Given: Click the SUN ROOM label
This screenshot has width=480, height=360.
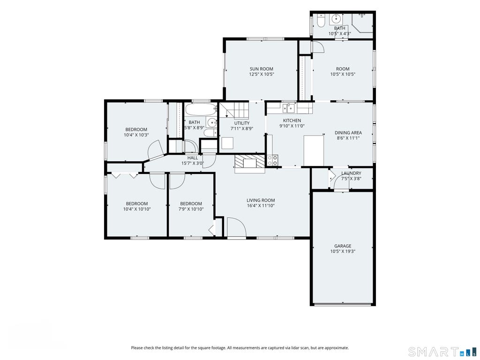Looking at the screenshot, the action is (261, 69).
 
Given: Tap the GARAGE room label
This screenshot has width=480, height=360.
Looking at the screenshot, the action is (343, 246).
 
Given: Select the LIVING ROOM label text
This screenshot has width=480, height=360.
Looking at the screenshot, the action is (261, 201).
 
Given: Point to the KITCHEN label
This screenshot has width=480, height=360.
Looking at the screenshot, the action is (292, 120).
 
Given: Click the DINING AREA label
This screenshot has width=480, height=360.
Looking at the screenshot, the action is (348, 133).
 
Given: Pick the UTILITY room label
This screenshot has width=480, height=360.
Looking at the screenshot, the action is (242, 123).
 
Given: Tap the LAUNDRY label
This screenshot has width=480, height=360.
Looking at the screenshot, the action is (351, 173).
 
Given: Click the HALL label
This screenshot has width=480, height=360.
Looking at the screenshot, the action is (193, 158).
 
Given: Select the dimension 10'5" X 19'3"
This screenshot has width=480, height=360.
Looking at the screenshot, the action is (343, 251).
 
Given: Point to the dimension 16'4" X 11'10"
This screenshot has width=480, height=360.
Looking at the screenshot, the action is (261, 206).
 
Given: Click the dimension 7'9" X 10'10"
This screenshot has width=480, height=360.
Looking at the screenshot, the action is (191, 209).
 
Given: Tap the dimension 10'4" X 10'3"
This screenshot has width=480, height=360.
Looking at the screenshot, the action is (136, 135).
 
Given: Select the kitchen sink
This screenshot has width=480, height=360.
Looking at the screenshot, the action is (289, 108).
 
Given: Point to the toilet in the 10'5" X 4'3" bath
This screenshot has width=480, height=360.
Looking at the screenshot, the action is (321, 21).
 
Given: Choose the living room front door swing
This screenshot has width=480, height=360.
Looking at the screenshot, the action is (236, 227).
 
